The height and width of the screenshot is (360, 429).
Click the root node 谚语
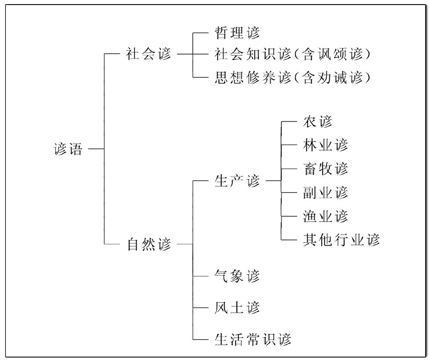click(68, 149)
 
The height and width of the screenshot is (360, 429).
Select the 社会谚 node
click(149, 54)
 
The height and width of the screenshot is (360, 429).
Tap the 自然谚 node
click(149, 244)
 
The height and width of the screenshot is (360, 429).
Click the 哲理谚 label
click(237, 32)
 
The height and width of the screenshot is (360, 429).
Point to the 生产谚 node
click(237, 181)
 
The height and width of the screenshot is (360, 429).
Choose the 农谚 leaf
click(317, 122)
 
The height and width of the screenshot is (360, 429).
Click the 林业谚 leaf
click(325, 145)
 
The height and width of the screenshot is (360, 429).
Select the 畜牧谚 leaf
click(325, 169)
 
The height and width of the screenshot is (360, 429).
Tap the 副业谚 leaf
click(325, 193)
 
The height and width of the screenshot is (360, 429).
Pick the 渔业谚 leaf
click(325, 217)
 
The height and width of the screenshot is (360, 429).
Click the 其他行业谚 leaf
click(341, 240)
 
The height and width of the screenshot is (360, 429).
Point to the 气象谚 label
click(237, 276)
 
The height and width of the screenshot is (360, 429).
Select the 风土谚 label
click(237, 308)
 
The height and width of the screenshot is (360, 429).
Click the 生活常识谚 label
click(253, 339)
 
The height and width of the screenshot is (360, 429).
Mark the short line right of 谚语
click(96, 149)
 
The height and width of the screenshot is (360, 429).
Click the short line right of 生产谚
click(273, 181)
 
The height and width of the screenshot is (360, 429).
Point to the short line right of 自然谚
click(184, 243)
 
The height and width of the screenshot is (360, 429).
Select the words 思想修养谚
click(253, 78)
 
